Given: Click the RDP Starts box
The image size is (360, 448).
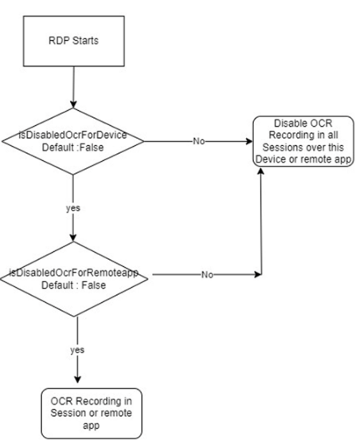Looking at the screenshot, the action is click(73, 41).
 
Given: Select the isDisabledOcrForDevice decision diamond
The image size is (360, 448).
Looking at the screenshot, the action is click(72, 141).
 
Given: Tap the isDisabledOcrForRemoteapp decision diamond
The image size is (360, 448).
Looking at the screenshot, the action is click(74, 279).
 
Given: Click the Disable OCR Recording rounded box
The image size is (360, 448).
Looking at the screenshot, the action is click(303, 141).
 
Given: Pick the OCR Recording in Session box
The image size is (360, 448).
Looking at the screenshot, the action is click(92, 413).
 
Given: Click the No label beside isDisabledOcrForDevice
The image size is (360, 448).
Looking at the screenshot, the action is click(198, 141).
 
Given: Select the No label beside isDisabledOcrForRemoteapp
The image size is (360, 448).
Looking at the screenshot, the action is click(207, 274).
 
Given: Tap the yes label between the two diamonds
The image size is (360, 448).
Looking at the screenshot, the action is click(73, 208).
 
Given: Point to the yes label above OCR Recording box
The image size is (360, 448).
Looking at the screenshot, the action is click(77, 350).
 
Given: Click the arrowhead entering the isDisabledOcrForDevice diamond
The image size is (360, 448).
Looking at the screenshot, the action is click(73, 104).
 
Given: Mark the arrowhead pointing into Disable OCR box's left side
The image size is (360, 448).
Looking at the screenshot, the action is click(249, 141).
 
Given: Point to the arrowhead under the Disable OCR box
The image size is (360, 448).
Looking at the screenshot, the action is click(260, 171).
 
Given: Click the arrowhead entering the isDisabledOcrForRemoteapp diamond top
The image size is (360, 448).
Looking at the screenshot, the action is click(73, 238).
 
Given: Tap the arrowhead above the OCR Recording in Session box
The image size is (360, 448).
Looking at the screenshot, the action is click(77, 379).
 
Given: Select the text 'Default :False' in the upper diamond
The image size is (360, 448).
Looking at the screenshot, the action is click(72, 147).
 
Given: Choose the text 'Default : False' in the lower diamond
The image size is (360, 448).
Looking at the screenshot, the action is click(73, 285).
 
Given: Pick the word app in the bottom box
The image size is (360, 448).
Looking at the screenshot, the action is click(91, 426).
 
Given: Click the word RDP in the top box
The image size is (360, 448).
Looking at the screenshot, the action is click(59, 41).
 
